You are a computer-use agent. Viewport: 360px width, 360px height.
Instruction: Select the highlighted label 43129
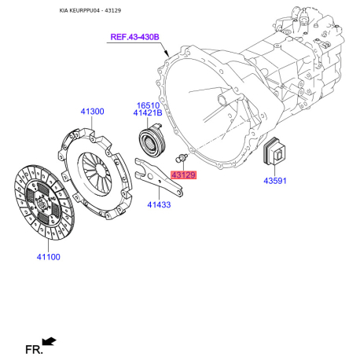183,174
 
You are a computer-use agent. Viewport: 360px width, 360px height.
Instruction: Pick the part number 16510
149,104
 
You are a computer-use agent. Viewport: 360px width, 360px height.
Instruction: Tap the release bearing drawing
150,141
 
